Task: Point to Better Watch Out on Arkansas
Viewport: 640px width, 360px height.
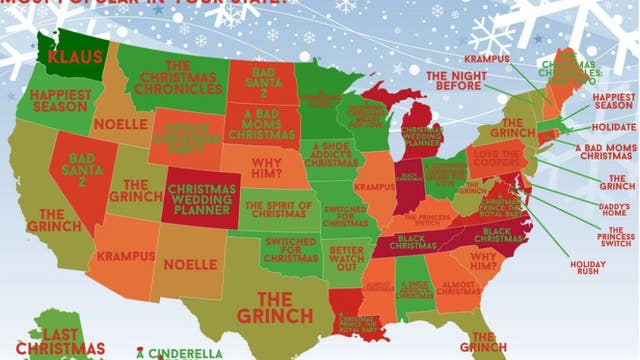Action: click(x=351, y=258)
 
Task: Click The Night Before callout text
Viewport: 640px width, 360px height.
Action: click(x=456, y=81)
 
